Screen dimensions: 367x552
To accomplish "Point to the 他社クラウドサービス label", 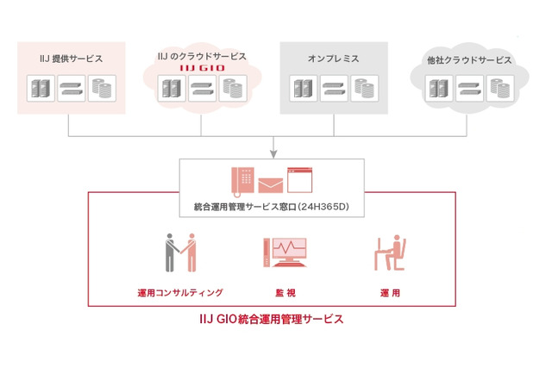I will point(468,61).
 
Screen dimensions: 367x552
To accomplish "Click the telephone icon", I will point(243,180).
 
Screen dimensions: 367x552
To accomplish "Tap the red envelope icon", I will point(271,183).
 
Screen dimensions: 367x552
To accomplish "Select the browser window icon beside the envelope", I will point(299,180).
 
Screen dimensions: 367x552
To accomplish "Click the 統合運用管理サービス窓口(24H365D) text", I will point(271,207).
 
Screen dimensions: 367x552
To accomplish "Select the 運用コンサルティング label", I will point(179,293).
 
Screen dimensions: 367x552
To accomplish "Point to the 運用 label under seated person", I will point(390,293).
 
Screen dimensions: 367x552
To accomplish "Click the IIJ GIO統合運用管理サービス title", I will point(272,319).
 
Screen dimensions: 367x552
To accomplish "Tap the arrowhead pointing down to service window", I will point(272,153).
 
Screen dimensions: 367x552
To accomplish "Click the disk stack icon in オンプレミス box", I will point(362,87).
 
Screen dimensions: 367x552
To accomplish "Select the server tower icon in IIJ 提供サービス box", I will point(40,89).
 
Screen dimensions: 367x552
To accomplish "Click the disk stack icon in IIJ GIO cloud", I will point(231,88).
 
